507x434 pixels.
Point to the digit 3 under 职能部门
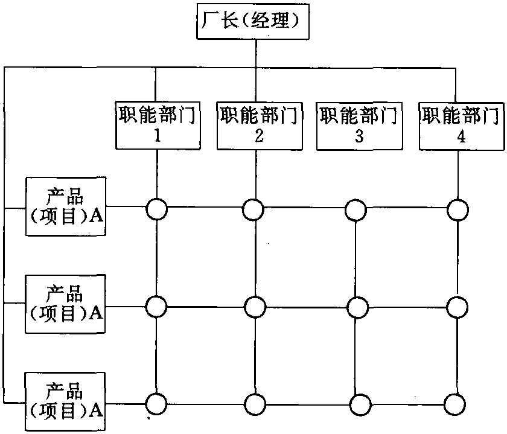pyautogui.click(x=359, y=136)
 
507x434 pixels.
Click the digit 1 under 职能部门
pyautogui.click(x=158, y=136)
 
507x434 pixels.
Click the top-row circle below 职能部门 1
pyautogui.click(x=156, y=209)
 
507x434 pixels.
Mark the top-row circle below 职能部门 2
pyautogui.click(x=253, y=209)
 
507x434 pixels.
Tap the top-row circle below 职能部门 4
pyautogui.click(x=458, y=209)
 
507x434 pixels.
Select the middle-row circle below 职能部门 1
pyautogui.click(x=156, y=306)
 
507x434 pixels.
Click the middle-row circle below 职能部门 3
pyautogui.click(x=357, y=307)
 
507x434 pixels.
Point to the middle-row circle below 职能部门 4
pyautogui.click(x=458, y=307)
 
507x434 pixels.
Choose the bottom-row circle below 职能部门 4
pyautogui.click(x=458, y=403)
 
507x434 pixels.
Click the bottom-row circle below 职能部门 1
pyautogui.click(x=156, y=403)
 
